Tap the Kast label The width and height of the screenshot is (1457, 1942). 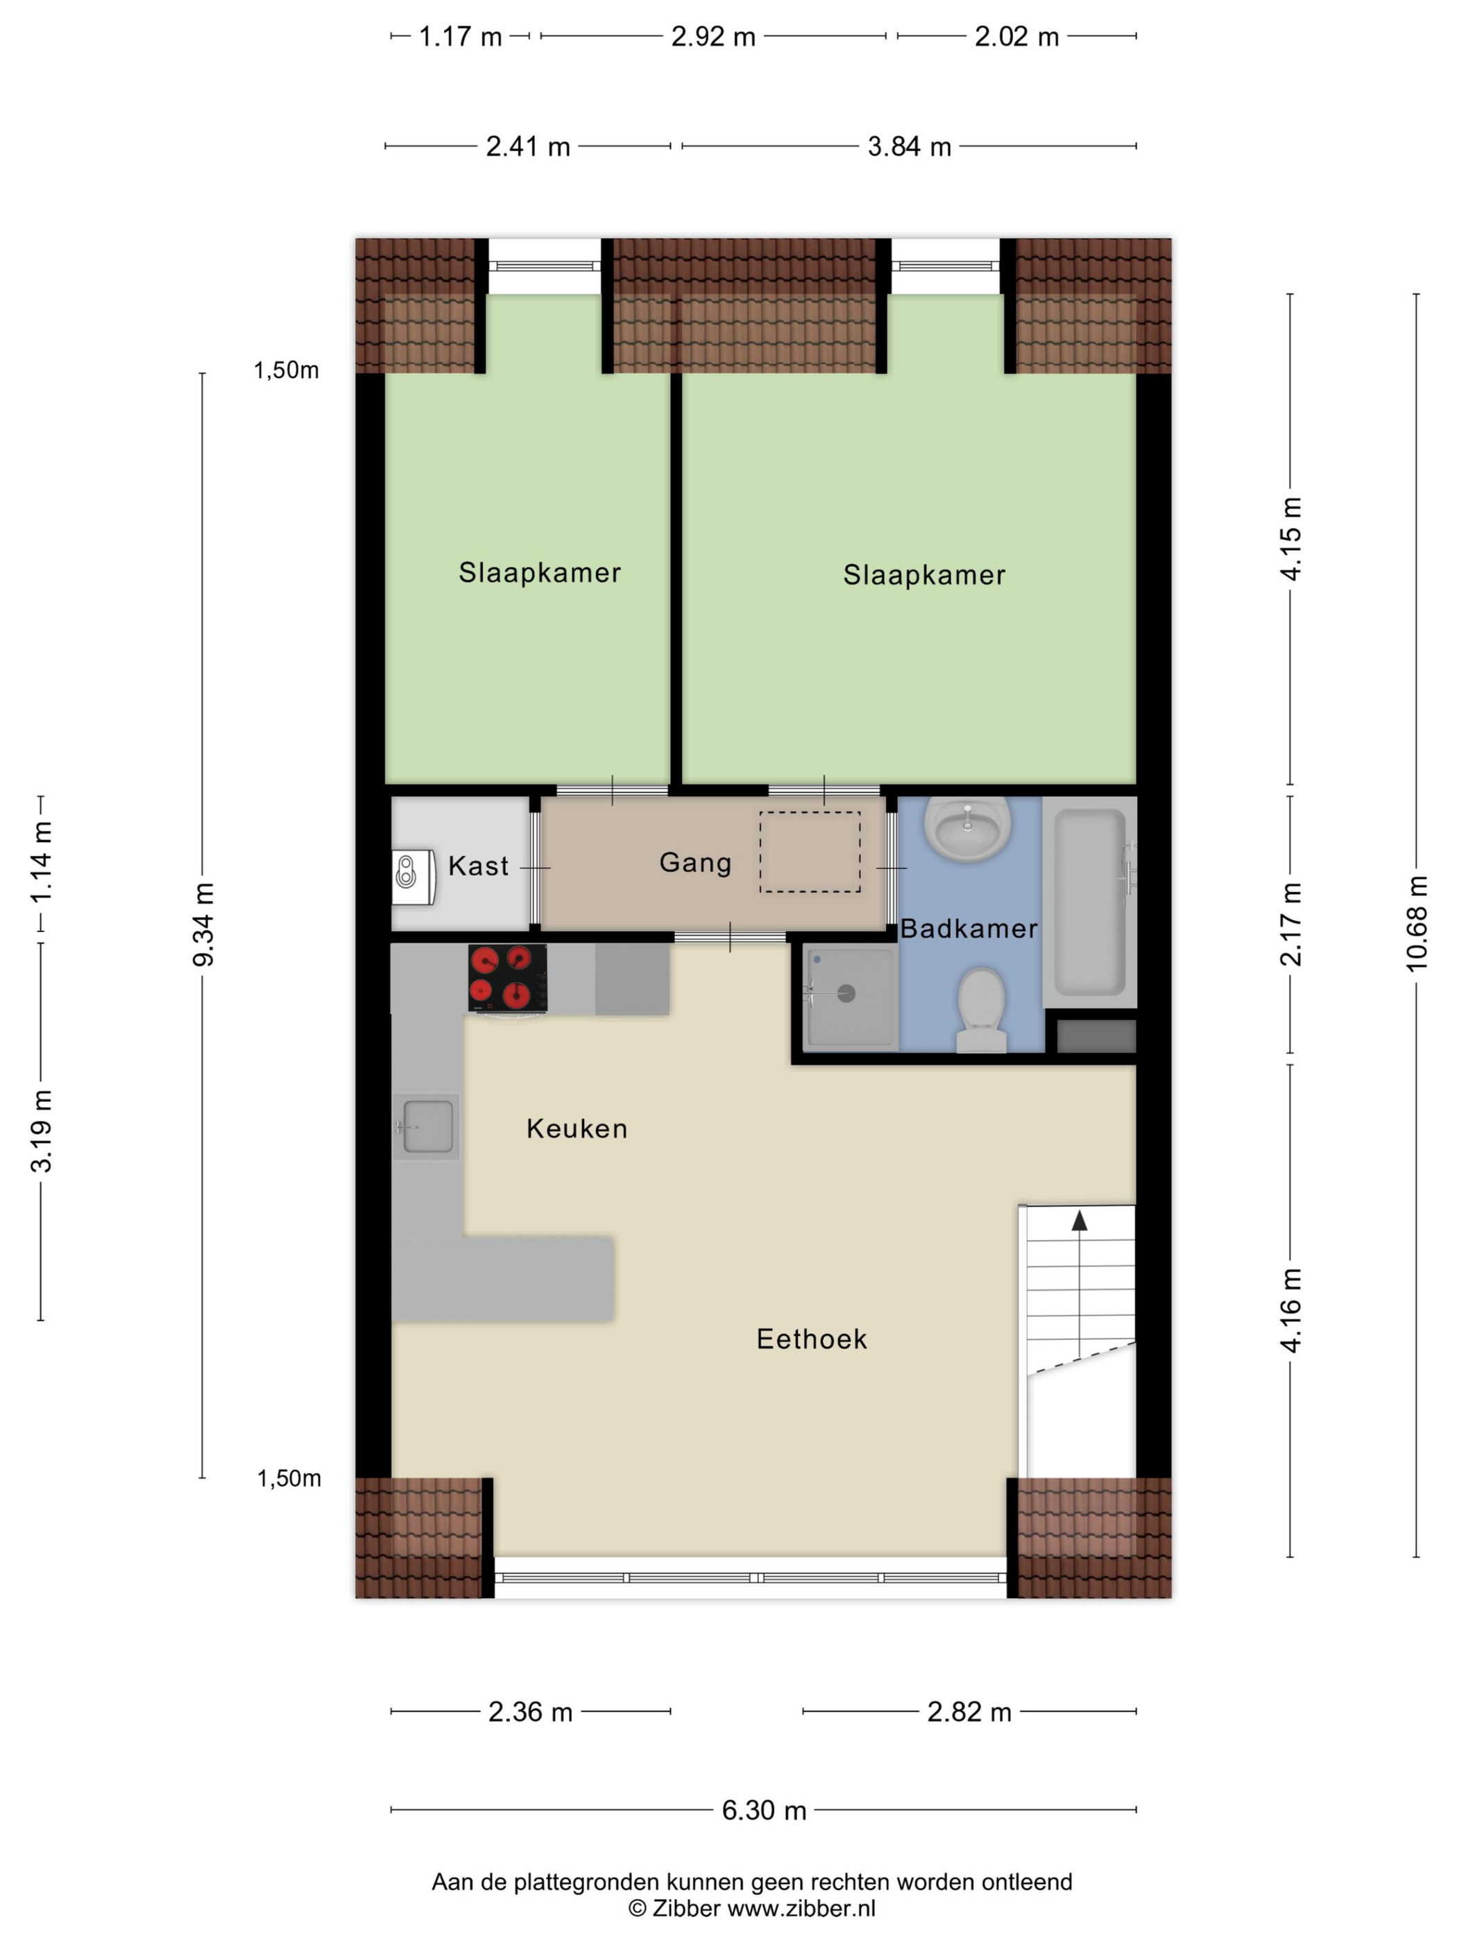(478, 866)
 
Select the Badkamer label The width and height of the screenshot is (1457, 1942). (969, 928)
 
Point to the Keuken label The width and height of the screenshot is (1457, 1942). (577, 1128)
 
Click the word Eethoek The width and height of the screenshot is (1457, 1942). (812, 1339)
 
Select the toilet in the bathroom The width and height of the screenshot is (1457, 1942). (981, 1010)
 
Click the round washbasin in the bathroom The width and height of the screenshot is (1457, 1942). (967, 829)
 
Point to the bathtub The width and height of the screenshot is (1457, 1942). (1089, 902)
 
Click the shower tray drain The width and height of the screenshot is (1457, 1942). (846, 994)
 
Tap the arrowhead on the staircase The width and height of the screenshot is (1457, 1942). (1080, 1220)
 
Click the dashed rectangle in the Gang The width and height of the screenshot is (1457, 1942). (810, 852)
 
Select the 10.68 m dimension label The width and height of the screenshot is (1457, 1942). (1417, 924)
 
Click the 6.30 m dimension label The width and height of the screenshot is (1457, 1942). (764, 1810)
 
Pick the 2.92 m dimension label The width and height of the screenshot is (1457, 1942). (713, 37)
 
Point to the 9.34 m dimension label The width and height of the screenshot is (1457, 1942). (203, 925)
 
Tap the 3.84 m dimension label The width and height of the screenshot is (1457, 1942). (909, 146)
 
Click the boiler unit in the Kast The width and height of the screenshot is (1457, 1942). (414, 875)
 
